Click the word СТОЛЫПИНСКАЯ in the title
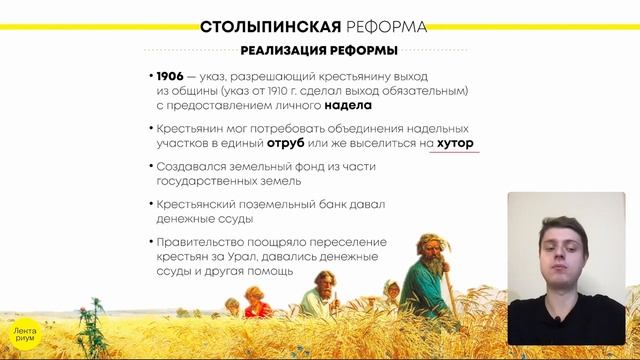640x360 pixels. pyautogui.click(x=263, y=25)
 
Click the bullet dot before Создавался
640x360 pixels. pyautogui.click(x=149, y=167)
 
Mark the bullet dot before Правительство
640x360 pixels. pyautogui.click(x=149, y=243)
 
